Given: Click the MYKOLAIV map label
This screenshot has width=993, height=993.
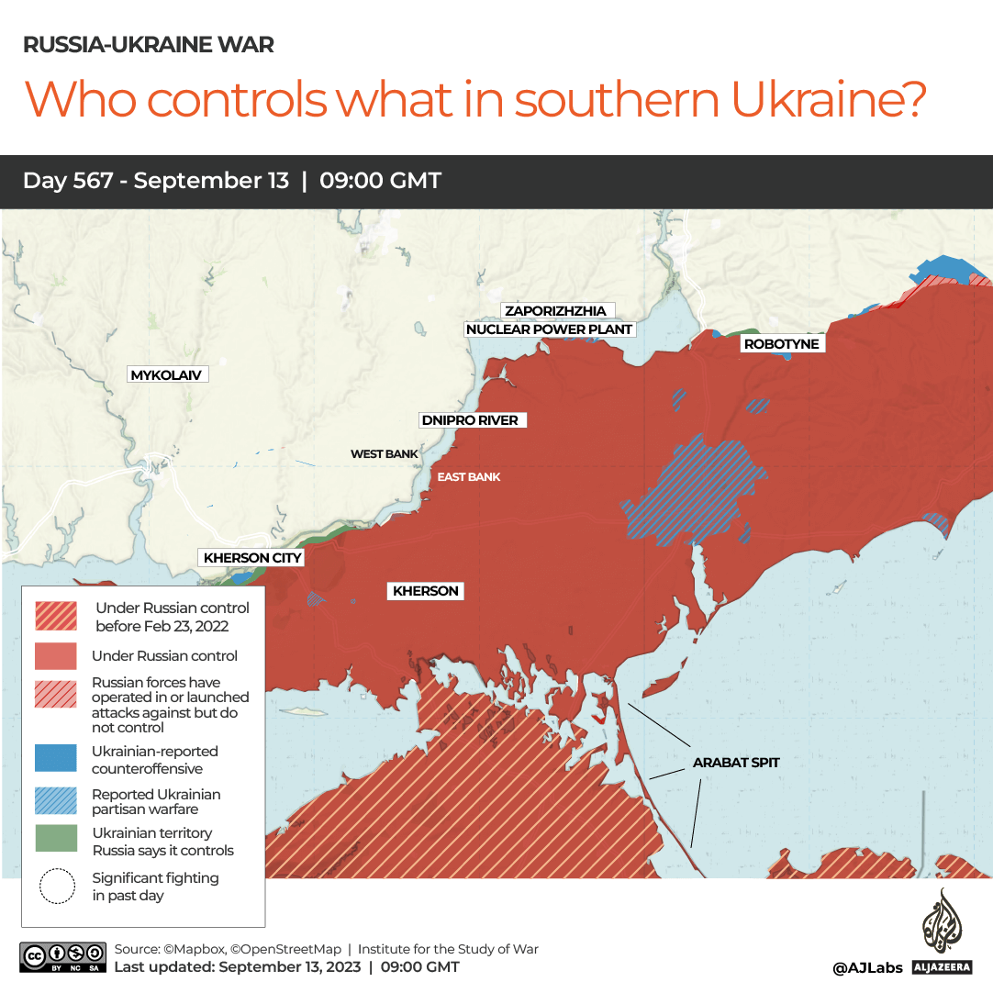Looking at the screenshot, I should coord(166,375).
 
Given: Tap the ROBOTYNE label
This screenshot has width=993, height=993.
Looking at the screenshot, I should coord(781,344).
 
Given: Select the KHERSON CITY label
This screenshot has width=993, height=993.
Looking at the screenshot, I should coord(252,558).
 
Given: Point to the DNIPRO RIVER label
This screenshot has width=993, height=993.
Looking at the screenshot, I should coord(469,420).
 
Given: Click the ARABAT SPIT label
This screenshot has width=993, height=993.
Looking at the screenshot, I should coord(736,763).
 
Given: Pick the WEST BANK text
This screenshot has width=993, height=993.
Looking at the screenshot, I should coord(384,454).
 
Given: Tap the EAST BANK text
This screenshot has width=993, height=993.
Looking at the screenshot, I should coord(469,477).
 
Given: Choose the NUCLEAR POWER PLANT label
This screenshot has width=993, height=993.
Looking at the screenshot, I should coord(550,329).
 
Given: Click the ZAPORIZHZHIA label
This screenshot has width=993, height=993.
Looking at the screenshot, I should coord(555,311).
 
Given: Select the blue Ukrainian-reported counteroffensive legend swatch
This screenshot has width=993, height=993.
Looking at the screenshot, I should coord(56,759).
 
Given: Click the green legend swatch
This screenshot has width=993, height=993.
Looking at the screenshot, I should coord(56,841).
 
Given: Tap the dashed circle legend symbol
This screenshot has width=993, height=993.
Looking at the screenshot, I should coord(57,887).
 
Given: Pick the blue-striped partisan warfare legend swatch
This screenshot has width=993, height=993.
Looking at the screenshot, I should coord(56,801).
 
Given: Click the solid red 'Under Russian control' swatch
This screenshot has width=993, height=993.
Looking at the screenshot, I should coord(56,655).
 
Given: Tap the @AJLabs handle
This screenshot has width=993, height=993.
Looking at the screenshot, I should coord(867,967).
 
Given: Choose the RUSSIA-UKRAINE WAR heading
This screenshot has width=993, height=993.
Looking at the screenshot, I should coord(148,44).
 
